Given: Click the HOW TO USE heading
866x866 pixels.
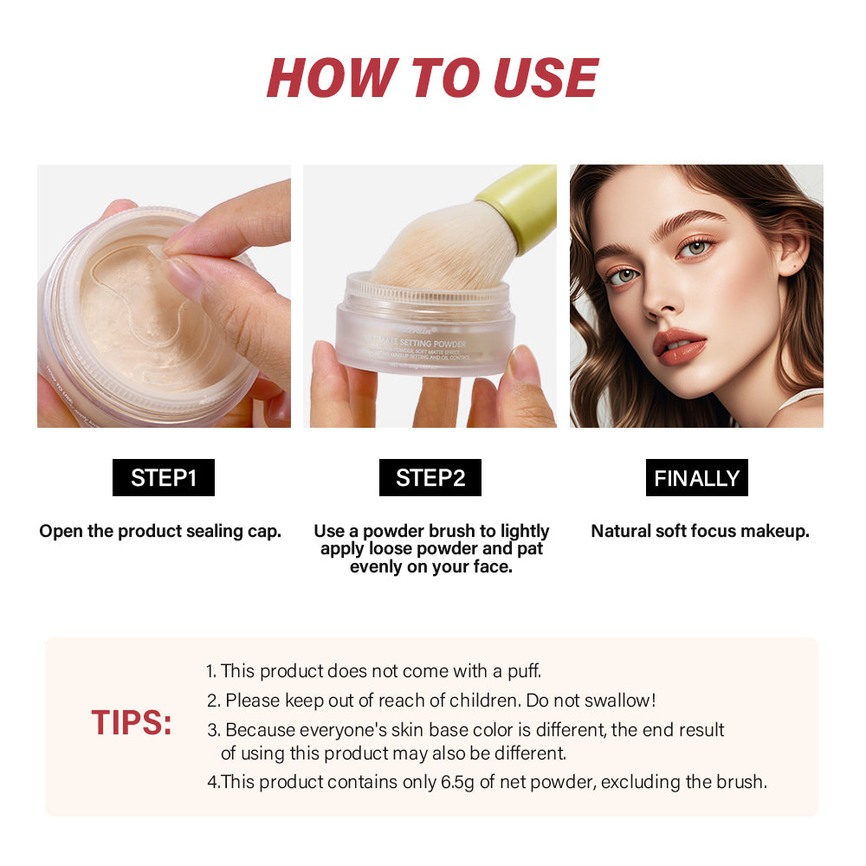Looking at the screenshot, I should coord(432,77).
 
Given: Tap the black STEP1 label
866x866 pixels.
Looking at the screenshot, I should coord(164,478).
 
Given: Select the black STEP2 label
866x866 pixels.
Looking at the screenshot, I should coord(430,478).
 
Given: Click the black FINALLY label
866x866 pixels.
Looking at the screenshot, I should coord(696,478).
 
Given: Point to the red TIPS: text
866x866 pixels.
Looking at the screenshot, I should coord(132,723).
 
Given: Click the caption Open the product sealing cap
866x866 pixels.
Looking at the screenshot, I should coord(160,531).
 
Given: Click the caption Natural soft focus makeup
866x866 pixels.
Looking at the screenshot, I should coord(700,531).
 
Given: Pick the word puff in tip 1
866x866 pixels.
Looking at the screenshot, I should coord(523,670).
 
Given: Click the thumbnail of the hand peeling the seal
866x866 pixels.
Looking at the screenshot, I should coord(164,295).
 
